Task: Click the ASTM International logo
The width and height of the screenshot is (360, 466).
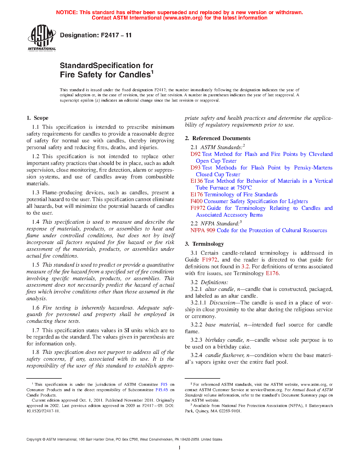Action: click(x=42, y=38)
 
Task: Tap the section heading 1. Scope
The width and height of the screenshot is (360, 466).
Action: click(x=38, y=118)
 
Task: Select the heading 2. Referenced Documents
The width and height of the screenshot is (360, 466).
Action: click(x=218, y=138)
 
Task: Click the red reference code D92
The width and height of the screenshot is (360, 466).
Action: click(x=195, y=154)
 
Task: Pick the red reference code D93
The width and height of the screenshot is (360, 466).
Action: click(x=195, y=168)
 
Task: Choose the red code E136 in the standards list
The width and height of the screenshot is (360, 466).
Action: click(x=197, y=181)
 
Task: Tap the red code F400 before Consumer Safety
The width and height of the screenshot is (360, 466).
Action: click(x=196, y=201)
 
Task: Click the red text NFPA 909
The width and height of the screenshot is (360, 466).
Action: click(x=203, y=230)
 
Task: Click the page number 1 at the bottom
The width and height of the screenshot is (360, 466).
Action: click(x=180, y=448)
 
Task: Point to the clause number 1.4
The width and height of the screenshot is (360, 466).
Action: click(x=36, y=222)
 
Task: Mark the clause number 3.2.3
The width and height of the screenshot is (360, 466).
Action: click(x=196, y=340)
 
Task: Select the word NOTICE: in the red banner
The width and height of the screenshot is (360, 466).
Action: click(x=67, y=12)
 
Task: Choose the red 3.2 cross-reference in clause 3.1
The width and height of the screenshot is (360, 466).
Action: click(x=245, y=267)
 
